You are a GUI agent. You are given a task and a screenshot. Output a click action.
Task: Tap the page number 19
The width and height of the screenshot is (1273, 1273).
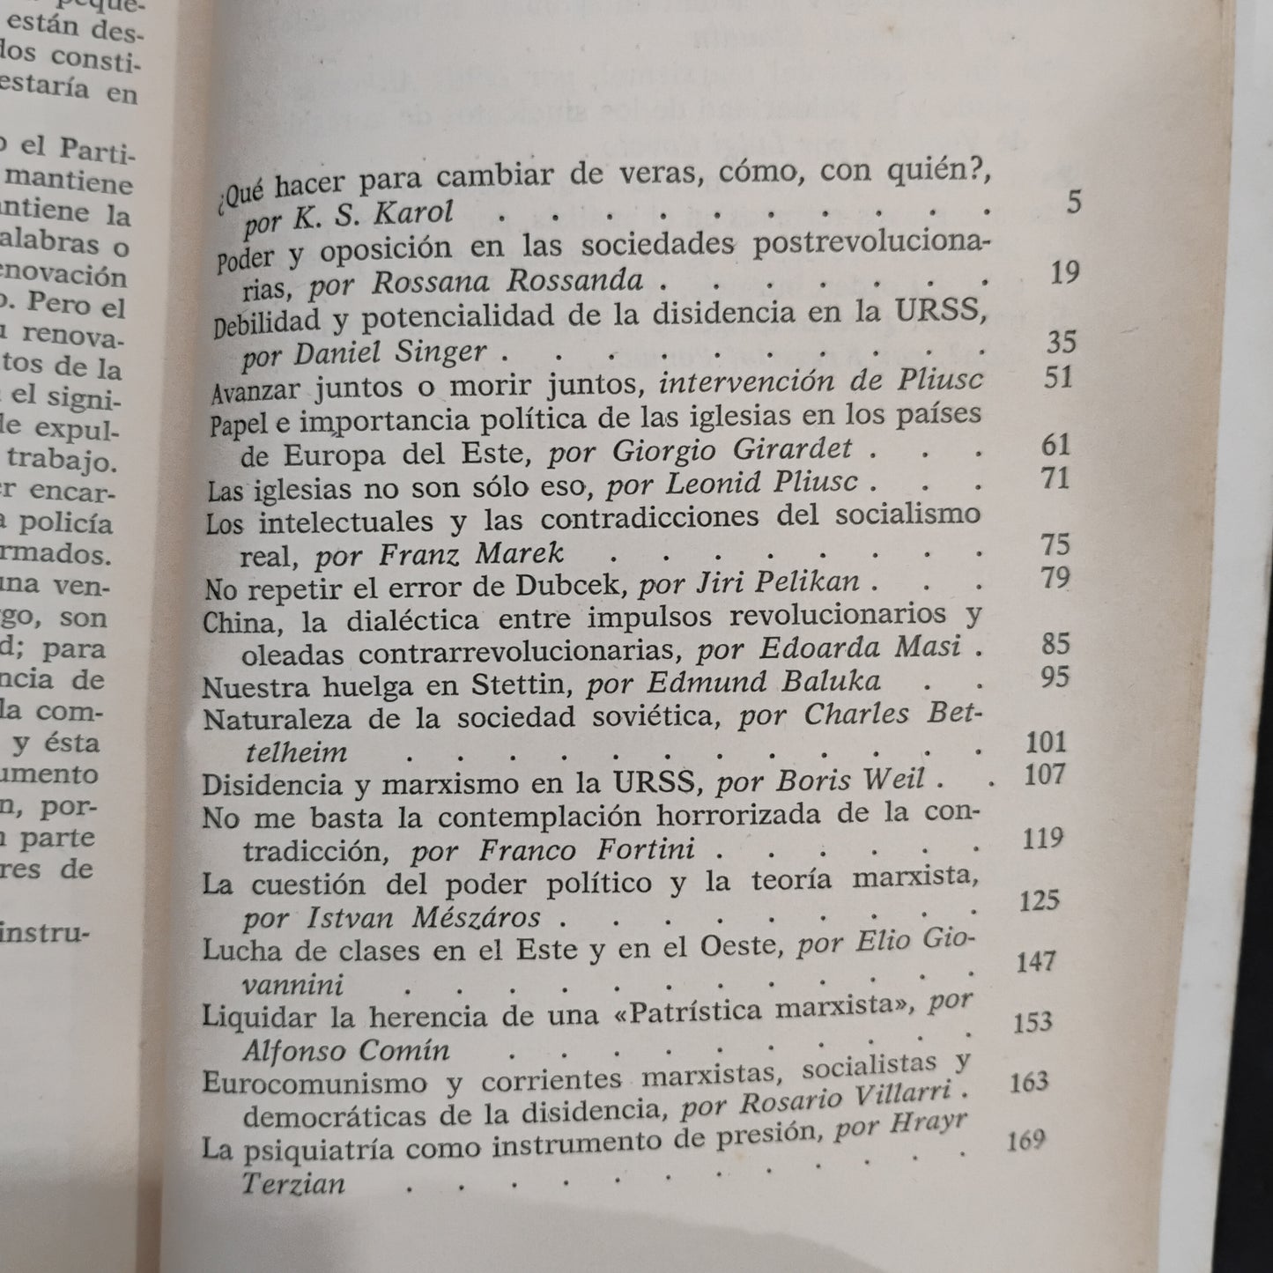tap(1064, 272)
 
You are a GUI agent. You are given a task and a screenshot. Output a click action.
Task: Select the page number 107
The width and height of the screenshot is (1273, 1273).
tap(1046, 774)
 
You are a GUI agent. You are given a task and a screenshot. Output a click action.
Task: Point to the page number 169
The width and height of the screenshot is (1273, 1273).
tap(1025, 1141)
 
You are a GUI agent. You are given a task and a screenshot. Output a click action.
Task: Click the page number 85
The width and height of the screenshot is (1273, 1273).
tap(1055, 643)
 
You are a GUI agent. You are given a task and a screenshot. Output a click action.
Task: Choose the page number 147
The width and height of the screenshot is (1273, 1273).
tap(1036, 960)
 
